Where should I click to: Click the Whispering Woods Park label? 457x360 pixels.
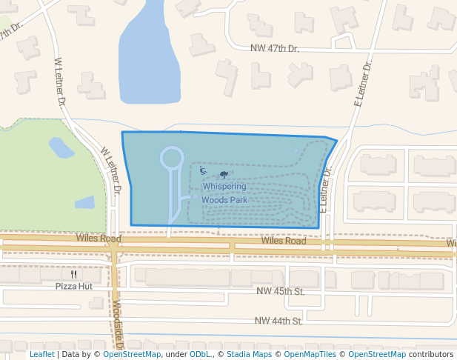(x=224, y=193)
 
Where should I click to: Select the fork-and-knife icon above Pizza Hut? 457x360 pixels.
(x=73, y=273)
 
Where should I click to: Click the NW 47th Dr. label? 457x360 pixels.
(x=273, y=48)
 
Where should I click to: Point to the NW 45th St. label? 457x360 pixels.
(x=281, y=292)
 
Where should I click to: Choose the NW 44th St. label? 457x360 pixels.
(x=278, y=321)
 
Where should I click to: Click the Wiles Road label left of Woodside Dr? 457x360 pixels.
(x=98, y=239)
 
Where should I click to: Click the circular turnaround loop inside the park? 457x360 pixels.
(x=172, y=158)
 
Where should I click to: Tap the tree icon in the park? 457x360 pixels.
(x=224, y=175)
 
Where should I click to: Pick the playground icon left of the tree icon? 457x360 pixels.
(x=203, y=171)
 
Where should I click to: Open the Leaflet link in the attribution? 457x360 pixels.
(x=41, y=354)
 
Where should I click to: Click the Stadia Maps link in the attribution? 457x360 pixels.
(x=247, y=354)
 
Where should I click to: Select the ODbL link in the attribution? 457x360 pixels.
(x=200, y=354)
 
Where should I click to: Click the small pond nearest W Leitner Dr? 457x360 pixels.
(x=61, y=147)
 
